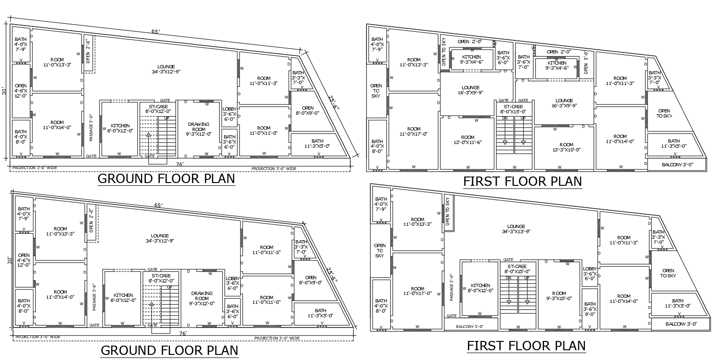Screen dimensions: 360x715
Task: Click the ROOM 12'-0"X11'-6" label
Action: [468, 140]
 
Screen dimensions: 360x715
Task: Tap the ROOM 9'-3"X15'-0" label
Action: [559, 296]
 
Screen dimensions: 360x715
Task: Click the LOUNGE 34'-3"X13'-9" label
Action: [516, 229]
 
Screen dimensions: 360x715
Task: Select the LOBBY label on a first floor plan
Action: [590, 273]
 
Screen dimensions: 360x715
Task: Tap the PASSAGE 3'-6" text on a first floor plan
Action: [451, 288]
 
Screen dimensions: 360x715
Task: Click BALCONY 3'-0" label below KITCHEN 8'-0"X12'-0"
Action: [469, 327]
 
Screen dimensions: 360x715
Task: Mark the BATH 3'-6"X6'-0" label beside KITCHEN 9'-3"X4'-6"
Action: [503, 57]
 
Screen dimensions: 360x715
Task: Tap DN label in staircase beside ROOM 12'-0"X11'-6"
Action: [505, 118]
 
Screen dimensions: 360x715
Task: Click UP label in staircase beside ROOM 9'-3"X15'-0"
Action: [527, 278]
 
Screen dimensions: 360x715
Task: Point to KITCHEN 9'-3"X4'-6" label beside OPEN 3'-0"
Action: [557, 65]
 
